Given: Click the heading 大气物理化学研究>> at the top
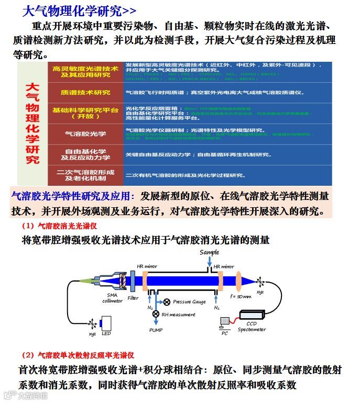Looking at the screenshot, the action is coord(79,10).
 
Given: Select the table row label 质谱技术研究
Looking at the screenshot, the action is coord(85,93).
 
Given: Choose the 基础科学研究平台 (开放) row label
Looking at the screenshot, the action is coord(85,113).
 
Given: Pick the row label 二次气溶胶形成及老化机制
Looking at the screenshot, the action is coord(85,175).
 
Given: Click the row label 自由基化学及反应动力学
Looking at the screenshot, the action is coord(85,154).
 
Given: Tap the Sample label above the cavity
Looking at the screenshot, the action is coord(209,252).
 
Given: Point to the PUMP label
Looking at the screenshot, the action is coord(156,330).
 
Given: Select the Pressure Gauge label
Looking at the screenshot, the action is coord(189,302).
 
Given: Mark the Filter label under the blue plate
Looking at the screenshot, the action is coord(133,298).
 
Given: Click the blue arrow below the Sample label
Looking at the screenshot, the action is coord(209,261).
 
